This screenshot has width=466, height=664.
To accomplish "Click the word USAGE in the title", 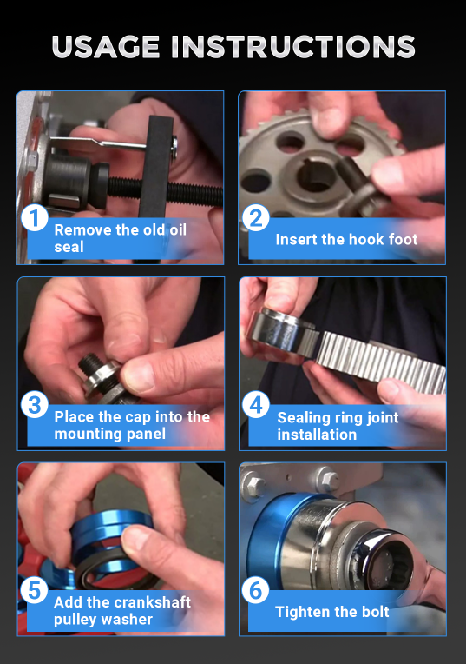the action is point(106,47).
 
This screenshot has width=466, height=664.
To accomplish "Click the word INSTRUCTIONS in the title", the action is point(293,47).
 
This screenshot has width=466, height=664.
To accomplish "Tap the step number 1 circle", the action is point(34,218).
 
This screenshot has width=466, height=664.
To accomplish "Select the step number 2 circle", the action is point(255,218).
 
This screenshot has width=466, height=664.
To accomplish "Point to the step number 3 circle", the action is point(34,404).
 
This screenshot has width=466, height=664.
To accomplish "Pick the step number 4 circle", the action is point(256,404).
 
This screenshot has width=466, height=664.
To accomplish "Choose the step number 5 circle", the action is point(34,590).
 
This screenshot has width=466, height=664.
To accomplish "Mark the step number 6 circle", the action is point(255,590).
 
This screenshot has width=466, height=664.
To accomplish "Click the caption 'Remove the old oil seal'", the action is point(120,238).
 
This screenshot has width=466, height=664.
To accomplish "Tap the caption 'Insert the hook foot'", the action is point(346,239).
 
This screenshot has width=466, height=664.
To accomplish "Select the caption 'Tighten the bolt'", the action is point(332,612).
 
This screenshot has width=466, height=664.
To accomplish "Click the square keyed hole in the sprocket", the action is point(316,176).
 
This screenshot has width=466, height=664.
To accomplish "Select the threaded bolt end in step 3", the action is point(91,364).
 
